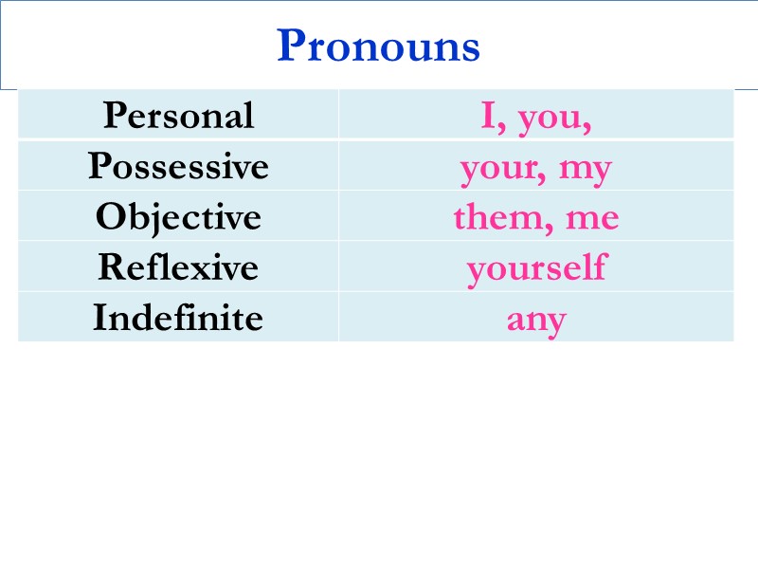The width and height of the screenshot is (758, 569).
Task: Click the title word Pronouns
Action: click(x=378, y=46)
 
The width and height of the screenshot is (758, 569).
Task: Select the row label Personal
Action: click(x=178, y=116)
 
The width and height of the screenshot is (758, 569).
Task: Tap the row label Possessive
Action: click(x=178, y=167)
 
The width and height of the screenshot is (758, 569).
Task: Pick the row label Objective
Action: click(x=178, y=217)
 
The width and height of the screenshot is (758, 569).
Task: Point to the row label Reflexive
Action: click(x=178, y=267)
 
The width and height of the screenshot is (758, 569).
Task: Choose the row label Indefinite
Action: click(x=178, y=318)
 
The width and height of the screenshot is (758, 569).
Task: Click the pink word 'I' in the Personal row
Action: click(x=488, y=116)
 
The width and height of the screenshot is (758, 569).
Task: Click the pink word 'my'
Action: click(x=586, y=171)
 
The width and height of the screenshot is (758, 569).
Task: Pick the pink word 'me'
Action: click(x=592, y=220)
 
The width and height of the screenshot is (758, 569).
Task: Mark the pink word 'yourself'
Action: click(x=536, y=268)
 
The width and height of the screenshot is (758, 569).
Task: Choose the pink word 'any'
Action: click(x=536, y=321)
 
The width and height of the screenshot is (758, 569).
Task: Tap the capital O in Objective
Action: click(x=110, y=217)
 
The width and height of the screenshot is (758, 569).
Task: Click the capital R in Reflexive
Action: click(x=110, y=267)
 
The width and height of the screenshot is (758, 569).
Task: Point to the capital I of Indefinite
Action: click(x=99, y=318)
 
